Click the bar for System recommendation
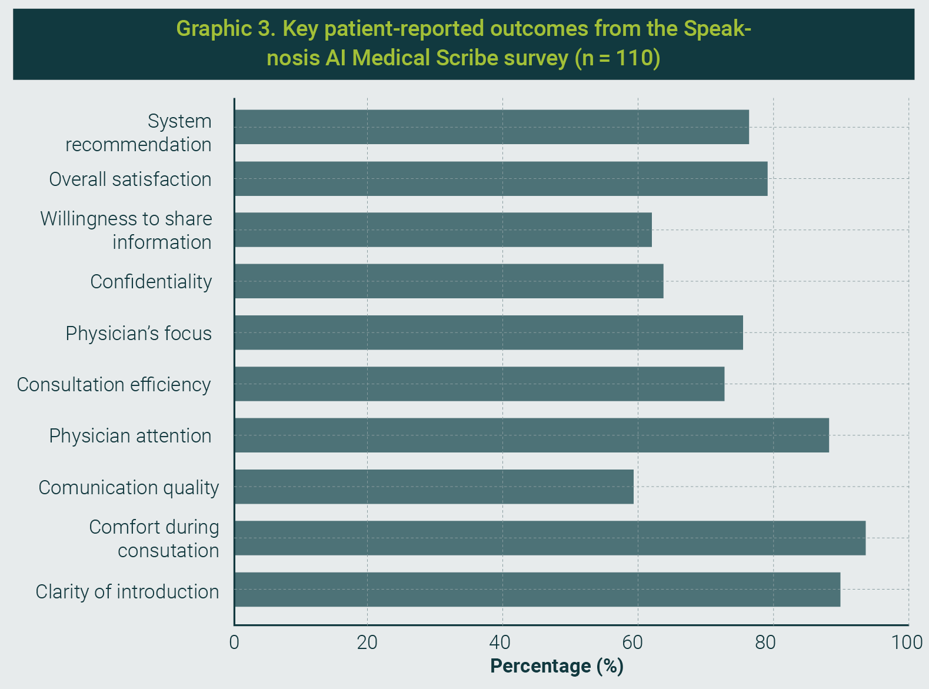[491, 127]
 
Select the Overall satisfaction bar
[501, 179]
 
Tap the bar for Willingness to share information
[443, 230]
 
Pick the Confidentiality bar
[449, 281]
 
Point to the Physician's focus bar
[488, 332]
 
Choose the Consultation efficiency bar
[479, 384]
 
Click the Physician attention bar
[531, 435]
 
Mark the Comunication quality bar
[434, 487]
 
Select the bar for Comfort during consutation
[550, 538]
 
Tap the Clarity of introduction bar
[537, 590]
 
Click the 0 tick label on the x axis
[234, 642]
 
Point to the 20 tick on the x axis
[367, 642]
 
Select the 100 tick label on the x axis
[907, 642]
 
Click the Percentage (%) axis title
[557, 666]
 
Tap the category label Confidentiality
[151, 282]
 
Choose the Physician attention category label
[130, 436]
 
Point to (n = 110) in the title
[617, 58]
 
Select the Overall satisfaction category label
[130, 179]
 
